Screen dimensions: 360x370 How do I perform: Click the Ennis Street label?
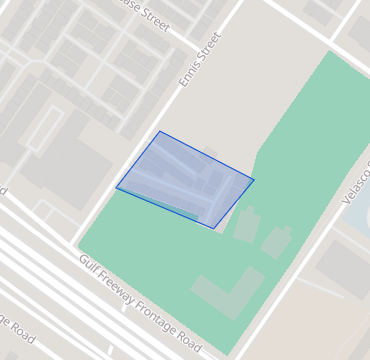pos(200,59)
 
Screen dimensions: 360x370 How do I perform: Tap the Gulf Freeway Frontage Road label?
pos(139,297)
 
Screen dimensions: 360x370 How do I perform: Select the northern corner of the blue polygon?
pos(159,131)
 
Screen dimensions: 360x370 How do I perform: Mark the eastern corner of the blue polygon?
pos(254,180)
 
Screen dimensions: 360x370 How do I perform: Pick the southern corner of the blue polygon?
pos(214,228)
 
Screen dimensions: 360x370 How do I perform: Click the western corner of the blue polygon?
pos(116,187)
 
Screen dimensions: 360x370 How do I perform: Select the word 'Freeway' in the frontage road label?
pos(122,284)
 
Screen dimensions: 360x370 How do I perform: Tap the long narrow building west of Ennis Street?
pos(45,128)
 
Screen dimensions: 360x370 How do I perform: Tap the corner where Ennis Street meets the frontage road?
pos(76,245)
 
